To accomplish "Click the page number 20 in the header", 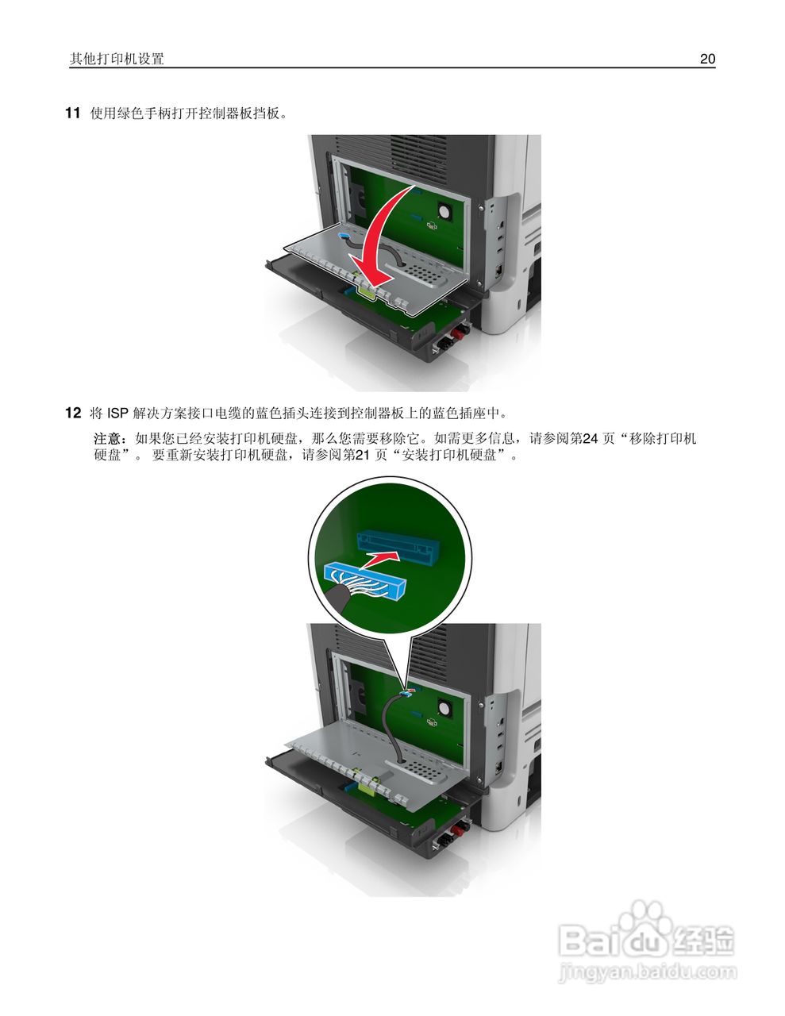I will point(707,59).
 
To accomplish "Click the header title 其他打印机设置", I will point(117,59).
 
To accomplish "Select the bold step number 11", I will point(72,114).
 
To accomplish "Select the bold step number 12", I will point(72,413).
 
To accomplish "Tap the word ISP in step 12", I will point(117,413).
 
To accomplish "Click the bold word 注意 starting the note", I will point(108,438).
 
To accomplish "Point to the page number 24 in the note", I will point(589,438).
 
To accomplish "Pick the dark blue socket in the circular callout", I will point(397,545).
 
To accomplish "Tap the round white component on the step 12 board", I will point(443,703).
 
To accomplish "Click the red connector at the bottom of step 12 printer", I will point(449,836).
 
